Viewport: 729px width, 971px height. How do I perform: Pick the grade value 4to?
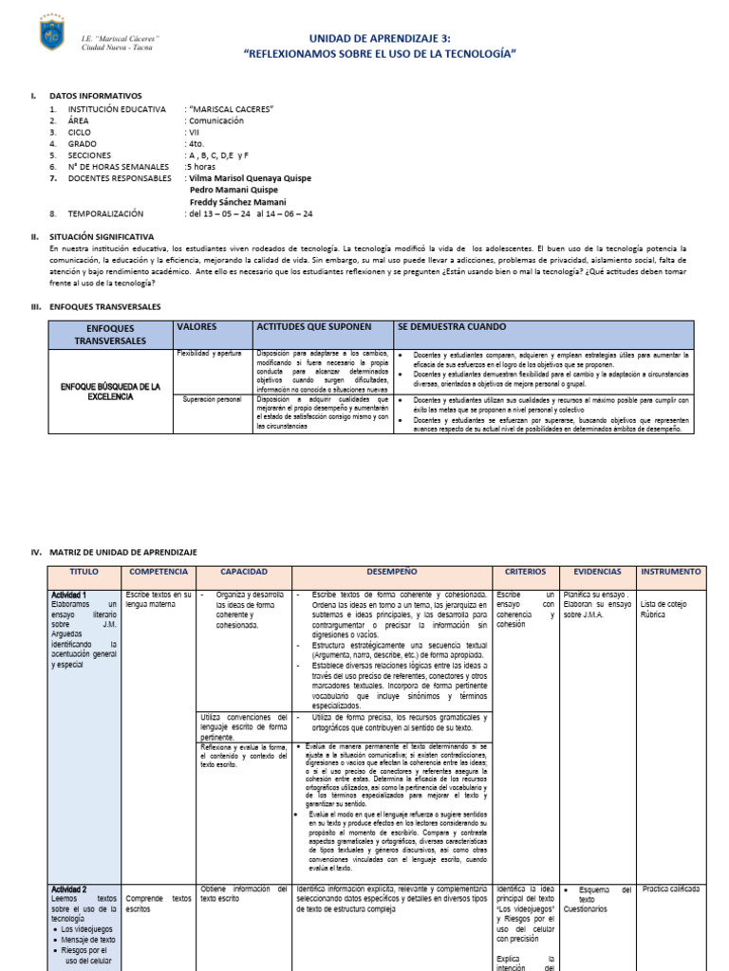click(x=196, y=143)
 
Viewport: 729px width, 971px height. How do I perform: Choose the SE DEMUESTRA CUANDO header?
click(x=451, y=327)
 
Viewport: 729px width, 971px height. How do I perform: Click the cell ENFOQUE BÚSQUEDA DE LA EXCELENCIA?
click(x=111, y=392)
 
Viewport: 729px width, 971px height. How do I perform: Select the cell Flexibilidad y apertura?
click(x=211, y=352)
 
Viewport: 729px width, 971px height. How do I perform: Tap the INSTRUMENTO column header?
click(x=671, y=573)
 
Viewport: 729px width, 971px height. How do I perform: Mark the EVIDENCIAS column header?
click(x=597, y=573)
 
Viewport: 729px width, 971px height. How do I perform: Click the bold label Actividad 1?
click(x=71, y=595)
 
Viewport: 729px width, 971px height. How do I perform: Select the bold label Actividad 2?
click(x=71, y=889)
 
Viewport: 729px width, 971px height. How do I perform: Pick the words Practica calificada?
click(x=671, y=889)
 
